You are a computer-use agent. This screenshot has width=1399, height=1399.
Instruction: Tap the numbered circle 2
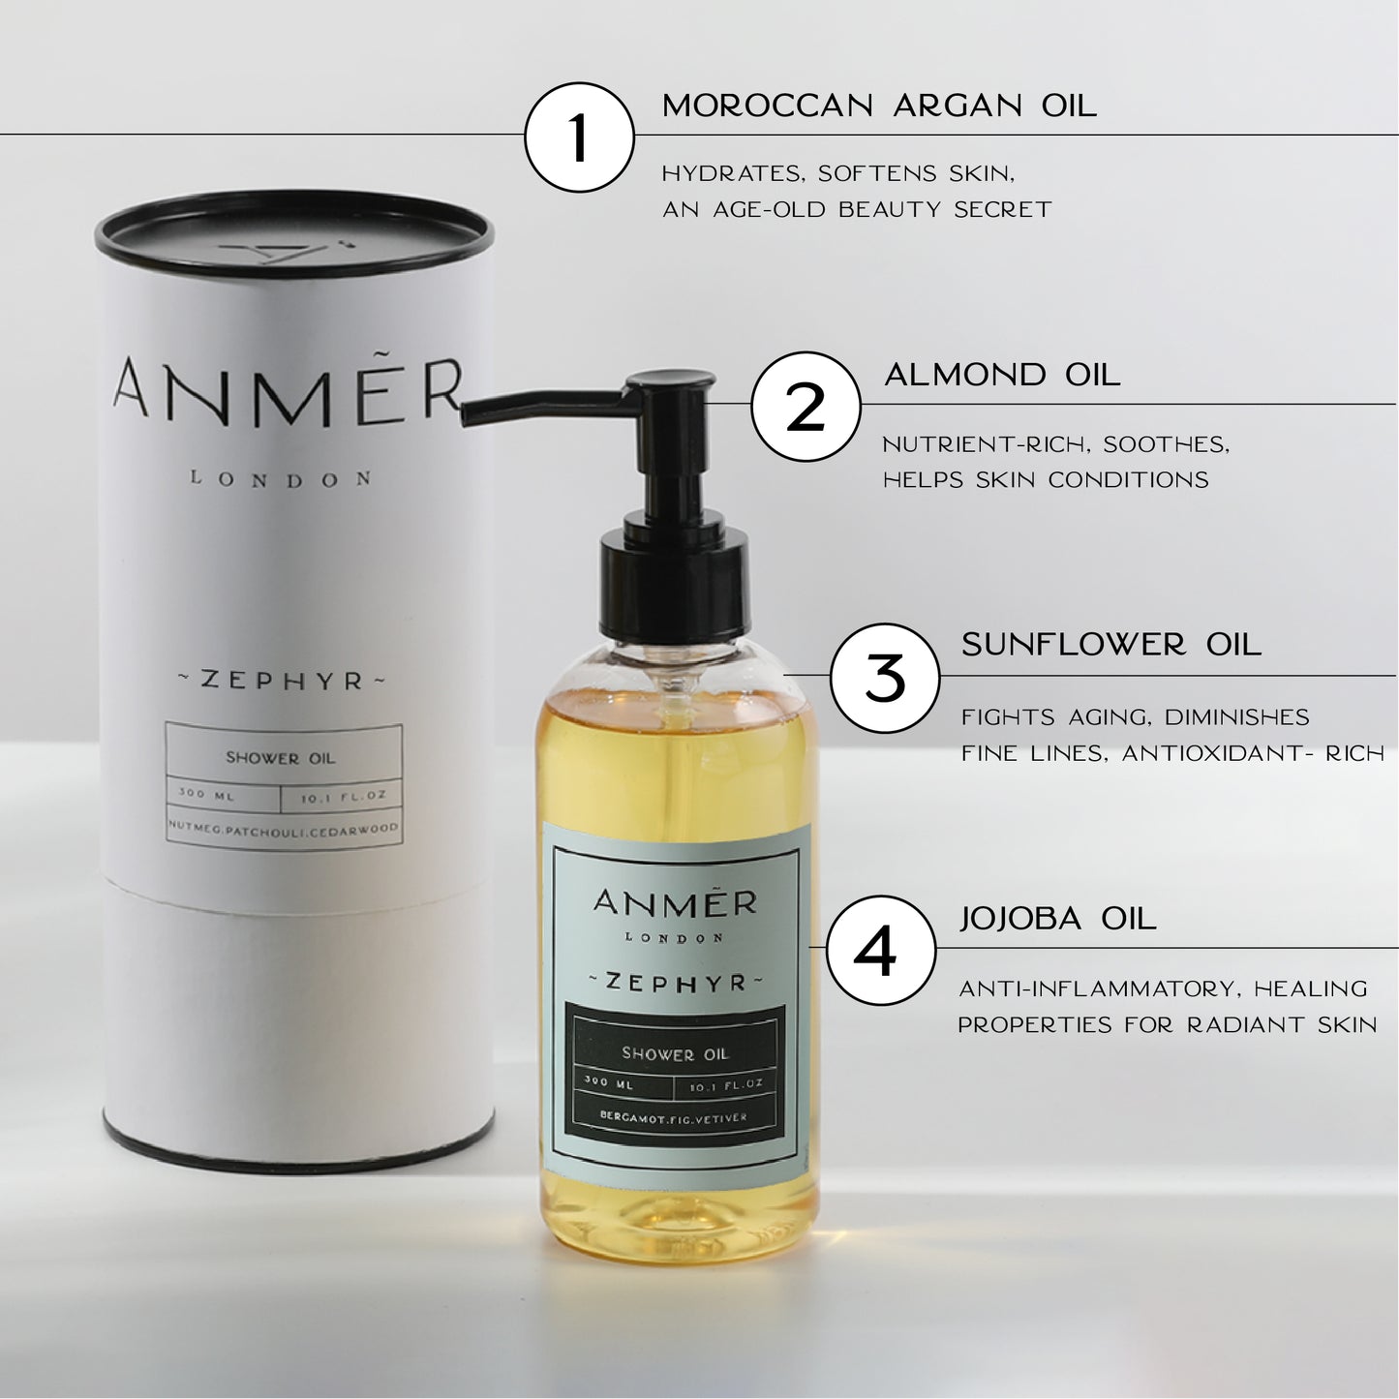806,406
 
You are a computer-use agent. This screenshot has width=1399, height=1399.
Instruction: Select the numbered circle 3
885,678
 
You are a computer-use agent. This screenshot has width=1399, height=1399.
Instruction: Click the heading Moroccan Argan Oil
879,106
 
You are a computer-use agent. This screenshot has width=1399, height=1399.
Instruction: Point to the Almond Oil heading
1002,376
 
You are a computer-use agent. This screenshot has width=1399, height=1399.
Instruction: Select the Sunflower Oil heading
1111,645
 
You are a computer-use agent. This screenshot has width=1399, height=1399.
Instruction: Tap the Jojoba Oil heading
1058,919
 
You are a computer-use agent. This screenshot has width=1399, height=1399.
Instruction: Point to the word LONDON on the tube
280,479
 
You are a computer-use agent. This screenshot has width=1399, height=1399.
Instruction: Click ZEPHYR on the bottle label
676,983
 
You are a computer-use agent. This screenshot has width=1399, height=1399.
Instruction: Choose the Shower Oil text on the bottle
675,1053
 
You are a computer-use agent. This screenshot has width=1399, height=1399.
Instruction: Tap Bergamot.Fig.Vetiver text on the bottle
673,1117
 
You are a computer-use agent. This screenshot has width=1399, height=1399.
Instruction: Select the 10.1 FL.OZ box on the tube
342,796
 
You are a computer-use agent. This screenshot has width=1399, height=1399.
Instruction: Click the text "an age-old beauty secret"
857,209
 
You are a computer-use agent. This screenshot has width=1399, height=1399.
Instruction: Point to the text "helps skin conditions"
1047,480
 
